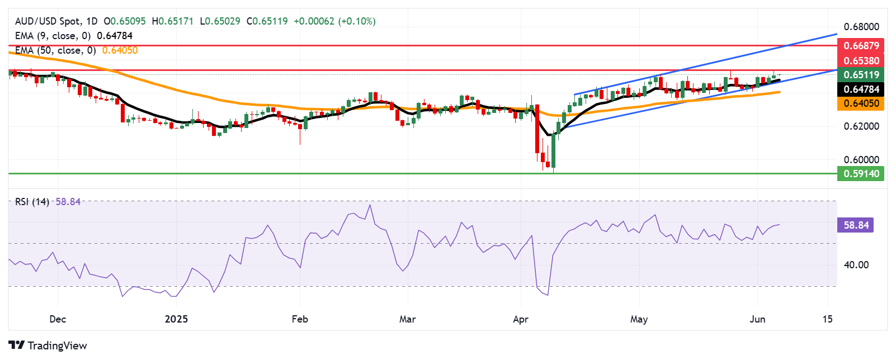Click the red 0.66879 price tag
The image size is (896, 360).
[861, 46]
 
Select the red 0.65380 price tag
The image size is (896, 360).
[861, 60]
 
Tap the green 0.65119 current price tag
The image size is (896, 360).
[861, 75]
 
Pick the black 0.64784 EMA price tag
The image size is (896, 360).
[861, 89]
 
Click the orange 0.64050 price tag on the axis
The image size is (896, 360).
[861, 103]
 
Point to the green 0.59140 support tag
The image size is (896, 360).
[861, 174]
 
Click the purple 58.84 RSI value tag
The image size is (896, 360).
[856, 225]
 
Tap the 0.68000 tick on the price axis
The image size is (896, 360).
[861, 27]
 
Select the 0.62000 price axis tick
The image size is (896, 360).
[861, 126]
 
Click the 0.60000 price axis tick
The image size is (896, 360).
[861, 160]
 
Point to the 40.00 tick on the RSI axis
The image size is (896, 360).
[856, 265]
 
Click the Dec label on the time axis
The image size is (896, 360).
[58, 319]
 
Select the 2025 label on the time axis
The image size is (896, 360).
[176, 319]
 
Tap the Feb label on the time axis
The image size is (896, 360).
[300, 319]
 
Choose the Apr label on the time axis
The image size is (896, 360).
[521, 319]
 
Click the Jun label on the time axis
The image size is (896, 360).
[757, 319]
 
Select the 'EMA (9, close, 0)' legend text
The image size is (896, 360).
[53, 36]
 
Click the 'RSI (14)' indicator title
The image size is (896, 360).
[32, 202]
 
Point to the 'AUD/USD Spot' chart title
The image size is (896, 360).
[48, 21]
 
